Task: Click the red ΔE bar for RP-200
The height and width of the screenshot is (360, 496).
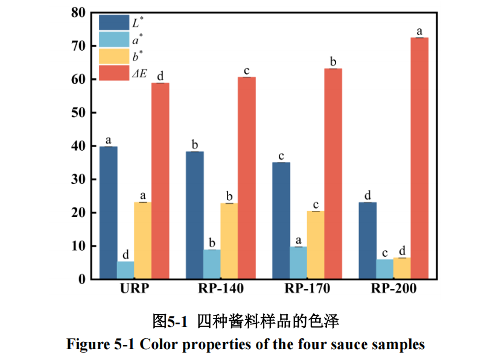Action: [419, 158]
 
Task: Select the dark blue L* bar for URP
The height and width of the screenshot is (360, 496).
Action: [108, 212]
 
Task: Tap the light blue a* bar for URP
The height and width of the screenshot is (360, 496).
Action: [126, 270]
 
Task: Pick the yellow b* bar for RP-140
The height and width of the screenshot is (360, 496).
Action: [229, 241]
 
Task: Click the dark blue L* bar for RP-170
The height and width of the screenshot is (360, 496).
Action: [281, 220]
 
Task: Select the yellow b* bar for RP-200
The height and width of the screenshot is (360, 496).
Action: [402, 268]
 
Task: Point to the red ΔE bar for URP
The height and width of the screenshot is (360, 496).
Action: [160, 181]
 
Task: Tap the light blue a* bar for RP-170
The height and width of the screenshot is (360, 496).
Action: [298, 262]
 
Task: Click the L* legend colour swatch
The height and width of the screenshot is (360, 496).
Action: [113, 23]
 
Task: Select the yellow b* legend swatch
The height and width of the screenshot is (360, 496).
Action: [113, 57]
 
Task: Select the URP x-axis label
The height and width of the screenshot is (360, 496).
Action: [134, 289]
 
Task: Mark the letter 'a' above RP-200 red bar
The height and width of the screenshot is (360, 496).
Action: [419, 31]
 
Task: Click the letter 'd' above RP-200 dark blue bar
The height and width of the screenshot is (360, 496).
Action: [367, 195]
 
